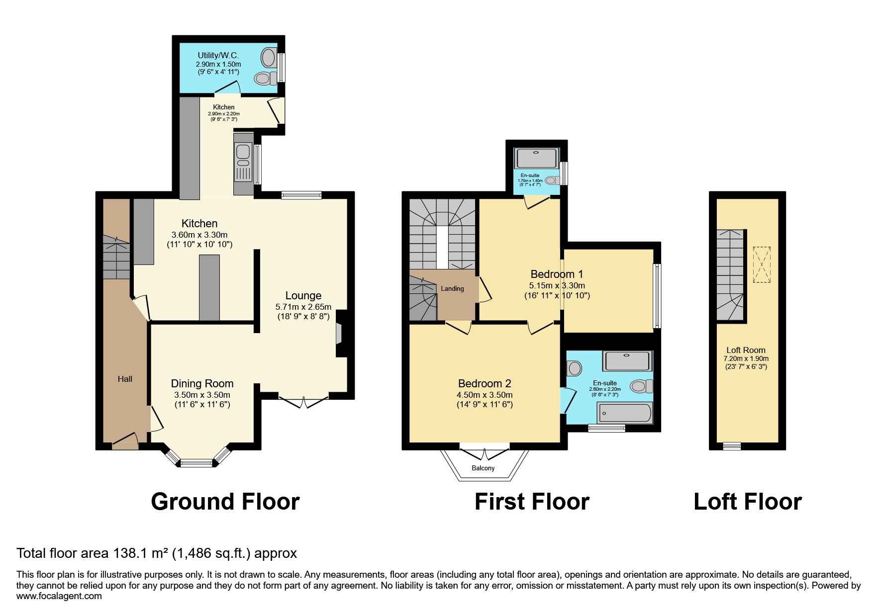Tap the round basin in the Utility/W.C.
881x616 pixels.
click(268, 57)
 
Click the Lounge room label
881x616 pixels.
click(303, 296)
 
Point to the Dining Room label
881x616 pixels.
click(202, 383)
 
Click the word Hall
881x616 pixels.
click(125, 379)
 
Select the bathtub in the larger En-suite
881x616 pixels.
click(624, 413)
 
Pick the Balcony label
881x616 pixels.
click(483, 468)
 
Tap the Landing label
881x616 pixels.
click(452, 288)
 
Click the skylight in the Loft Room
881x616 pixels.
click(762, 264)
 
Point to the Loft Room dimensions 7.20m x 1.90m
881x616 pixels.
click(746, 358)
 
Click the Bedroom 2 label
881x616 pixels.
click(484, 383)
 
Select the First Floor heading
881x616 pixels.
click(532, 501)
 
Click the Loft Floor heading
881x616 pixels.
click(747, 501)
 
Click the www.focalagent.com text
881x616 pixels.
click(59, 596)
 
